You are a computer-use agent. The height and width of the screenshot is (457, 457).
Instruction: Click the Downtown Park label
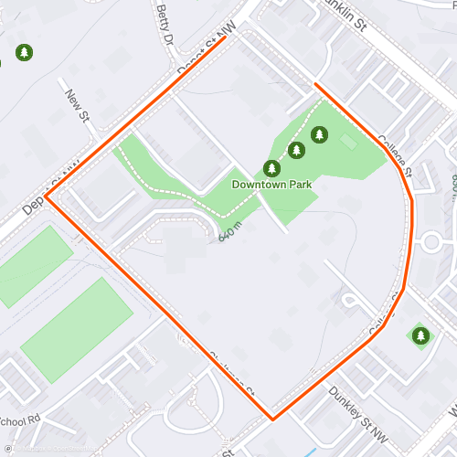tap(271, 185)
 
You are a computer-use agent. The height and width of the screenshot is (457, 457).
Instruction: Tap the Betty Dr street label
tap(165, 26)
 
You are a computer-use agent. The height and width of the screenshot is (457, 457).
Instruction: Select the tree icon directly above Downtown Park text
tap(271, 168)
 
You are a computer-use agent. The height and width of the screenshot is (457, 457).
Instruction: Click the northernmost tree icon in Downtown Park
tap(319, 135)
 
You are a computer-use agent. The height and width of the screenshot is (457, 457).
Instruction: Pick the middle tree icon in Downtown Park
tap(295, 150)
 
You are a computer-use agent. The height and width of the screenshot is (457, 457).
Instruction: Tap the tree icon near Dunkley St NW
tap(420, 335)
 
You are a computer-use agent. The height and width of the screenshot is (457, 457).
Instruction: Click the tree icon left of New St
tap(24, 53)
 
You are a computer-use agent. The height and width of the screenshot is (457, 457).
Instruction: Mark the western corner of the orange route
tap(47, 197)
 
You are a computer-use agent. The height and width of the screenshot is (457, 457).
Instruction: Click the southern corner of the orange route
tap(271, 420)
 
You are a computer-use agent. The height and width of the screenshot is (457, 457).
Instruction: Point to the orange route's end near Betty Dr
tap(225, 38)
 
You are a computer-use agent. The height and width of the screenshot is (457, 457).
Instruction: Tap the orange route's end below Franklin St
tap(316, 84)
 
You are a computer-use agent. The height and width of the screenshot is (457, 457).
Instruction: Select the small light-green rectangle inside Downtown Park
tap(347, 142)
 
